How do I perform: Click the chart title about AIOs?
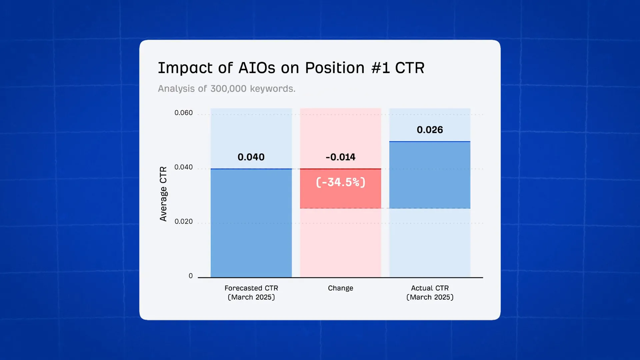tap(291, 68)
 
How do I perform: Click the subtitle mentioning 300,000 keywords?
tap(227, 89)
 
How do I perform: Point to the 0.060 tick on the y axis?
tap(184, 113)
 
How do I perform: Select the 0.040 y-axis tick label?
tap(184, 167)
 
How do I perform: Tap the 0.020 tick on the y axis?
tap(184, 221)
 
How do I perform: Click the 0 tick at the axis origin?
tap(191, 276)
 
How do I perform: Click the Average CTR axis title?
tap(163, 194)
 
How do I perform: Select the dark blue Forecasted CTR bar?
tap(251, 223)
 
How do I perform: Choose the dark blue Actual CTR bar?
tap(430, 175)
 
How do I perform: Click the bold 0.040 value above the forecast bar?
tap(251, 157)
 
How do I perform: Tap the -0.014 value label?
tap(340, 157)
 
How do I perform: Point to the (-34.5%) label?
tap(340, 182)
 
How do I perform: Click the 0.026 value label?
tap(430, 130)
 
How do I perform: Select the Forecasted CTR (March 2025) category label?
tap(251, 292)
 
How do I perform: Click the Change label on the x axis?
tap(340, 288)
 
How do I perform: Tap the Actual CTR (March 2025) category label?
tap(430, 292)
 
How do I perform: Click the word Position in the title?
tap(335, 68)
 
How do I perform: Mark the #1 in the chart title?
tap(380, 68)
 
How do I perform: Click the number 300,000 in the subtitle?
tap(228, 89)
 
